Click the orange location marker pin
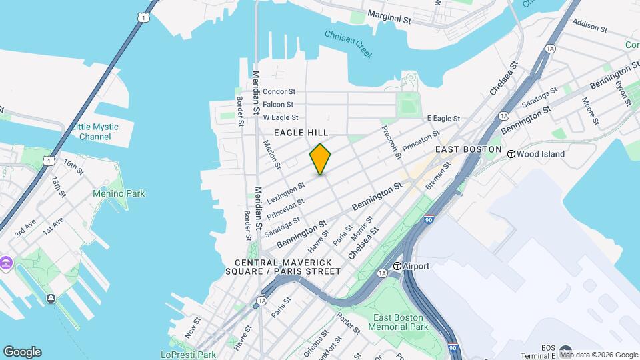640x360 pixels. pyautogui.click(x=321, y=159)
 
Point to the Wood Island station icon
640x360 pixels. pyautogui.click(x=511, y=154)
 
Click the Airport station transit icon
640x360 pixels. pyautogui.click(x=397, y=266)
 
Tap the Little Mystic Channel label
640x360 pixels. pyautogui.click(x=95, y=132)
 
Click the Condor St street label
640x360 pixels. pyautogui.click(x=279, y=92)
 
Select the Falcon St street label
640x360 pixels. pyautogui.click(x=278, y=105)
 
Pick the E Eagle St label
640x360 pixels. pyautogui.click(x=443, y=119)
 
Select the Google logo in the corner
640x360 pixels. pyautogui.click(x=22, y=352)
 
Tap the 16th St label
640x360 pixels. pyautogui.click(x=73, y=167)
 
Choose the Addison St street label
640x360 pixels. pyautogui.click(x=589, y=26)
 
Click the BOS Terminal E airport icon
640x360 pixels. pyautogui.click(x=566, y=351)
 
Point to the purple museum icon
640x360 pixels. pyautogui.click(x=6, y=263)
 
